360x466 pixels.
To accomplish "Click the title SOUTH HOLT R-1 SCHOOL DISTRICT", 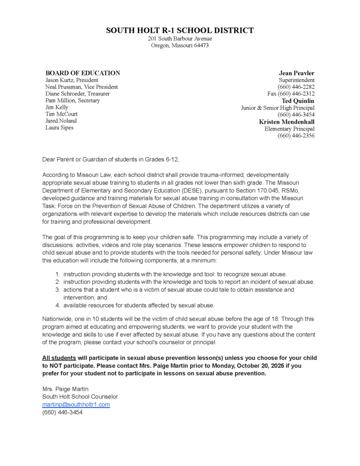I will (x=180, y=30).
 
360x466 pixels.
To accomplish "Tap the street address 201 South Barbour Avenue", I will (x=180, y=39).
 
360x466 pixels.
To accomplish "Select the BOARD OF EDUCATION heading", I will (x=82, y=73).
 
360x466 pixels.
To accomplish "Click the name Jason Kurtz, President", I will (x=71, y=80).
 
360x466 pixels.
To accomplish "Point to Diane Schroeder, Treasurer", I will (x=77, y=94).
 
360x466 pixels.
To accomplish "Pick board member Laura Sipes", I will (x=59, y=128).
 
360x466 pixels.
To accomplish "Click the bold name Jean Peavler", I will (x=296, y=73).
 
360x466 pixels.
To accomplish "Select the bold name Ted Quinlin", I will (x=298, y=101).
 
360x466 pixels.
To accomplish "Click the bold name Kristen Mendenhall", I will (x=287, y=122).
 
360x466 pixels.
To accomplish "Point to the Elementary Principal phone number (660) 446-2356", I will (x=296, y=136).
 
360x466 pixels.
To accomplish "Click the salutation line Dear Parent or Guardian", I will (x=111, y=159).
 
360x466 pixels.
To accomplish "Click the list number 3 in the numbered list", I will (x=58, y=289).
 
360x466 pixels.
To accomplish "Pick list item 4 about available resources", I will (x=138, y=305).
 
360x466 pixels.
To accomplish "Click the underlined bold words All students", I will (x=59, y=358).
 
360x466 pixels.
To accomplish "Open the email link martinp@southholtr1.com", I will (x=76, y=405).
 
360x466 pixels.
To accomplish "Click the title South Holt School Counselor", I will (x=80, y=397).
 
